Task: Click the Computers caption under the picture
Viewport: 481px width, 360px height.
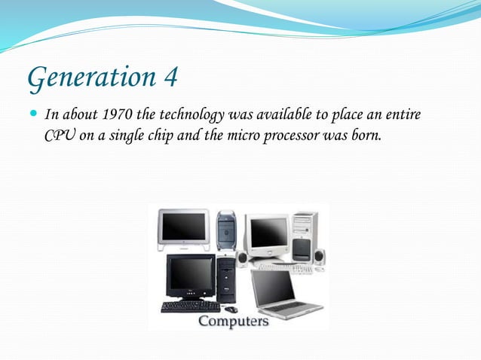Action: click(x=233, y=321)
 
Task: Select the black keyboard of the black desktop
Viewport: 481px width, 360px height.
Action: click(x=190, y=307)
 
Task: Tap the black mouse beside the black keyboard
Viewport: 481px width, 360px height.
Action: click(x=231, y=309)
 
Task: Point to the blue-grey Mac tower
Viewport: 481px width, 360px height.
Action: click(x=226, y=230)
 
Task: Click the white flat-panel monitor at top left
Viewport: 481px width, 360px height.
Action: click(x=183, y=226)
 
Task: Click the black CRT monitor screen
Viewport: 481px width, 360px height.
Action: click(x=190, y=276)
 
